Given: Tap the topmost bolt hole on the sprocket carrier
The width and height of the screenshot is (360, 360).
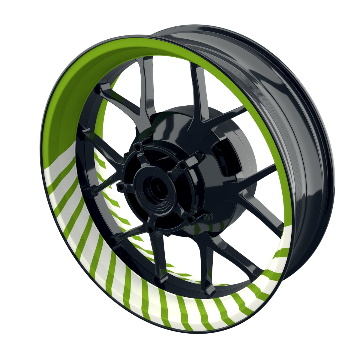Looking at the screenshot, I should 137,147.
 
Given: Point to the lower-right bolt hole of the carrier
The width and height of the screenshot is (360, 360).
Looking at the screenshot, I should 190,221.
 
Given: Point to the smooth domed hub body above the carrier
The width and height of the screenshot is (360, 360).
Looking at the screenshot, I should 180,126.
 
